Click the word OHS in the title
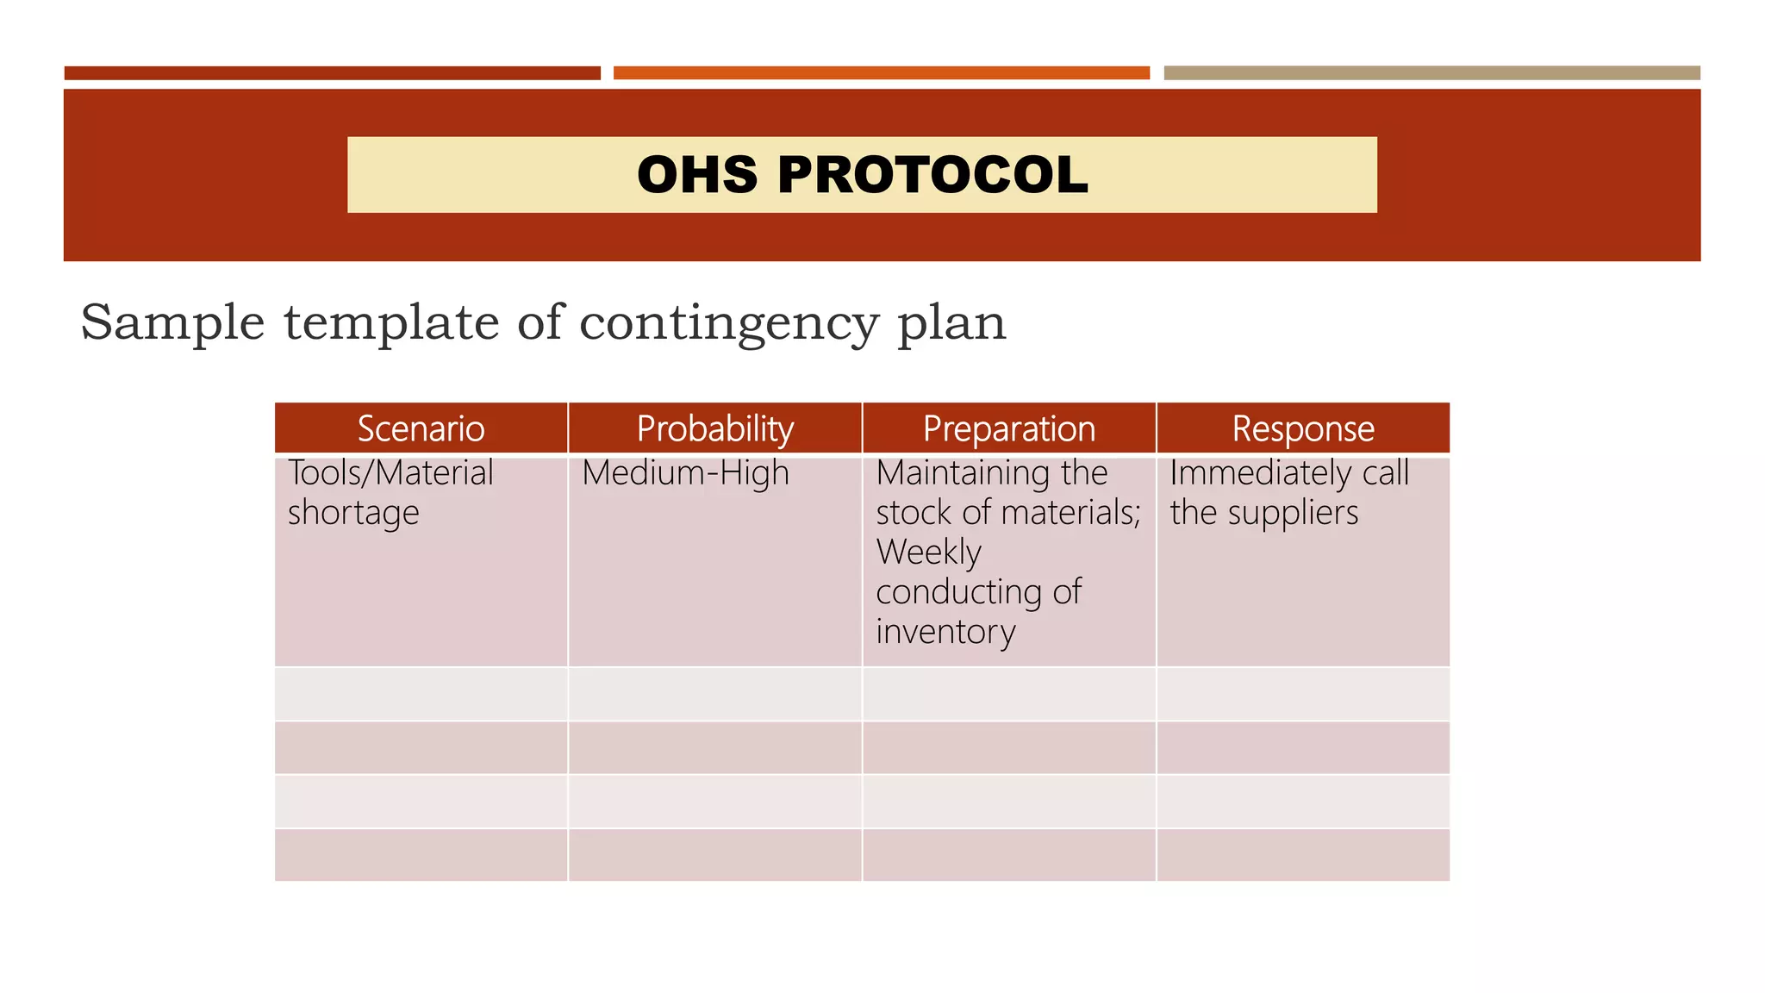(x=697, y=175)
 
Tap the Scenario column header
(x=421, y=428)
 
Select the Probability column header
(x=714, y=428)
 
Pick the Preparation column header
(x=1008, y=428)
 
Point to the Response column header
(x=1302, y=428)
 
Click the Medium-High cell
(x=685, y=473)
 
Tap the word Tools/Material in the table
(x=390, y=473)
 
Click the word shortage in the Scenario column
(x=353, y=513)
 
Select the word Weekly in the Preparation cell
(x=928, y=553)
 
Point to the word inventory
(x=945, y=632)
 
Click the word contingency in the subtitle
(x=728, y=324)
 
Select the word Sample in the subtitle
(x=172, y=322)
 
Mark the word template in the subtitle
(x=391, y=324)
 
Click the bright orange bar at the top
(x=881, y=73)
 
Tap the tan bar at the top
(x=1431, y=73)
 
